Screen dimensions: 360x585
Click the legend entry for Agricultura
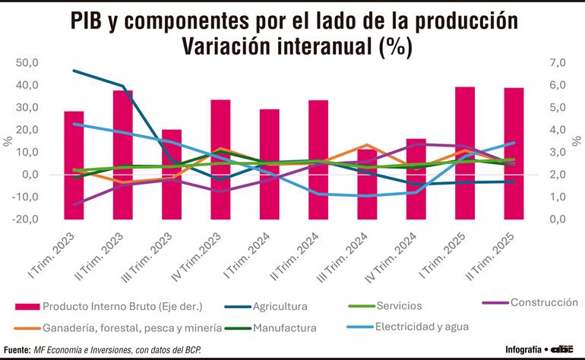click(279, 307)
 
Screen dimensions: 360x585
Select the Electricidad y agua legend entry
click(428, 327)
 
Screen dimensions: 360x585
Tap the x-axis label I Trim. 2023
click(52, 255)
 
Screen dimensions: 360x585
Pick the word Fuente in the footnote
click(15, 350)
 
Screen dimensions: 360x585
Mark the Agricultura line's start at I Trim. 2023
click(74, 71)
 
